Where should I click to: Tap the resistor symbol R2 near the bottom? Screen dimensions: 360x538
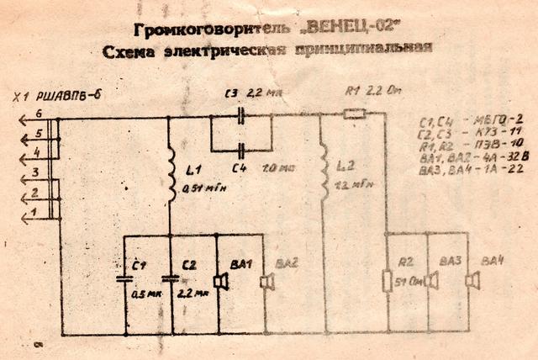[x=387, y=280]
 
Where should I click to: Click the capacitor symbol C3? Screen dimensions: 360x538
[x=241, y=117]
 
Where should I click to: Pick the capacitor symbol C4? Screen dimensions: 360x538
[x=241, y=151]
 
